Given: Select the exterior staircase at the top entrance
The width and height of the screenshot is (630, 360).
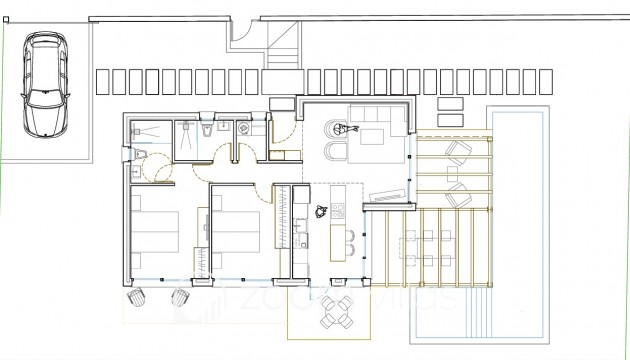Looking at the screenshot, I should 283,45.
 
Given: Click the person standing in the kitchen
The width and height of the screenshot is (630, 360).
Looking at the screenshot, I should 322,211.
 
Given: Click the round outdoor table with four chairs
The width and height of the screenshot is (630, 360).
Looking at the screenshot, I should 335,312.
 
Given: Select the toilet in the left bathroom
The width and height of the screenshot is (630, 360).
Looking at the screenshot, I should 142,153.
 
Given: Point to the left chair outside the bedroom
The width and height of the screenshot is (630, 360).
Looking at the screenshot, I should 138,299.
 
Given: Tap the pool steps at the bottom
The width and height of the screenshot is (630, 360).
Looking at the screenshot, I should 519,326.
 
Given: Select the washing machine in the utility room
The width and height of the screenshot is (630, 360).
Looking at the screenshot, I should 248,128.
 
